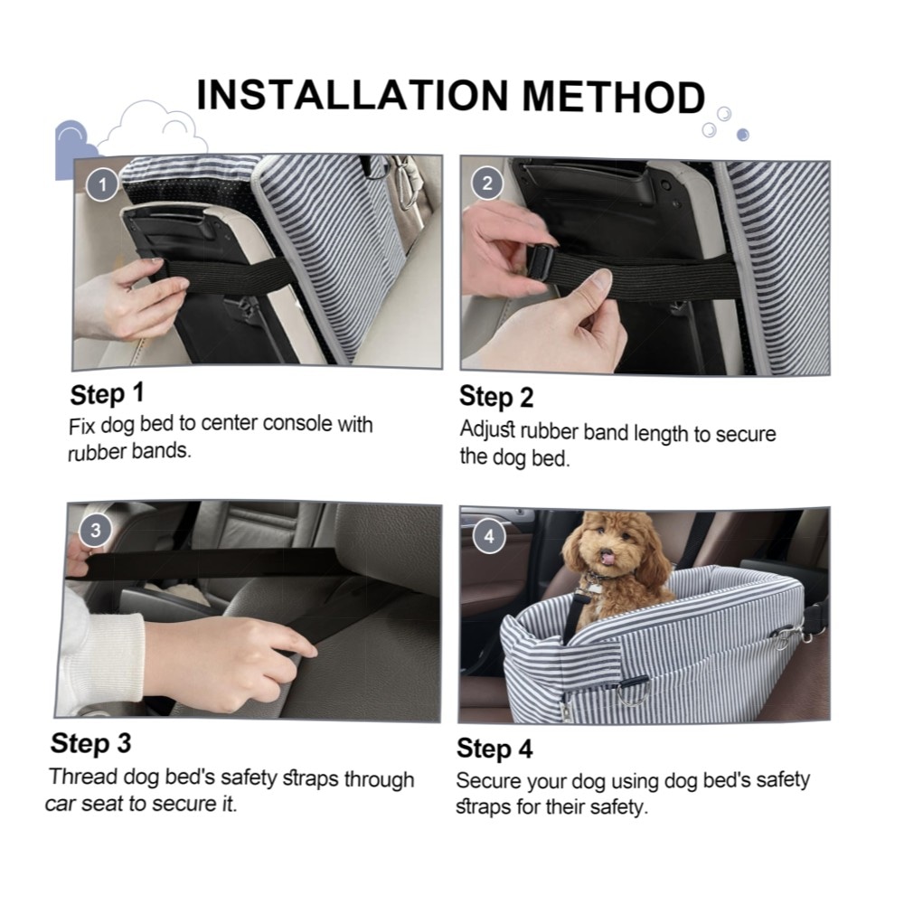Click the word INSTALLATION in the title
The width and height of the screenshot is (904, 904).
pos(353,95)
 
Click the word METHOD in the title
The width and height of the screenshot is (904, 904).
pos(614,97)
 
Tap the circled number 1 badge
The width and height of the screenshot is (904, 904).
pos(103,184)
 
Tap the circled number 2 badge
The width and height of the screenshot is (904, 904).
pos(487,184)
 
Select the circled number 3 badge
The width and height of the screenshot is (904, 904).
pos(96,531)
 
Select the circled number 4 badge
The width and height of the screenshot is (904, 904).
pos(489,537)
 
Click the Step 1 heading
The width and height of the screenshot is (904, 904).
pos(107,394)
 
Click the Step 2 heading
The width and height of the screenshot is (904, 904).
pos(496,397)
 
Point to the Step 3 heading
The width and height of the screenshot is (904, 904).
pos(90,743)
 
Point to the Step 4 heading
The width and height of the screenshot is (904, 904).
pos(494,749)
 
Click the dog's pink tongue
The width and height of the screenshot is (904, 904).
pos(607,557)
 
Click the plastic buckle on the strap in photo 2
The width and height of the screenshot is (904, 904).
pos(541,263)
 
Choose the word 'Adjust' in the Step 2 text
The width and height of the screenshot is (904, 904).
pos(487,430)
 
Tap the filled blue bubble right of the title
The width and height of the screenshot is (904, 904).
pos(742,135)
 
